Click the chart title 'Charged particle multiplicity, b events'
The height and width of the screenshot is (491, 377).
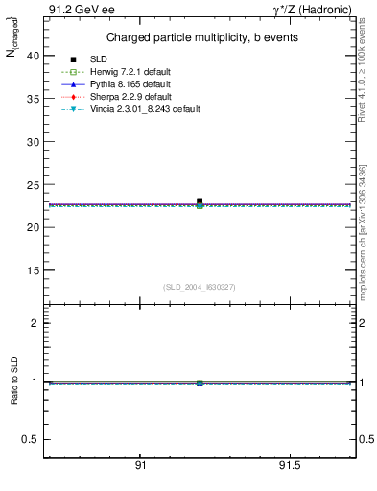pyautogui.click(x=200, y=37)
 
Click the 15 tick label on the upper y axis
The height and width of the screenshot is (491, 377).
pyautogui.click(x=33, y=270)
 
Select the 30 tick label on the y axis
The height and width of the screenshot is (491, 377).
pyautogui.click(x=33, y=142)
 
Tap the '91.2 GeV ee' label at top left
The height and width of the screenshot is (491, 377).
pyautogui.click(x=76, y=10)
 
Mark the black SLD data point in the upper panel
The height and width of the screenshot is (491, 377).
pyautogui.click(x=200, y=201)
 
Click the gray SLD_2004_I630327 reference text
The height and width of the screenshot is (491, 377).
pyautogui.click(x=200, y=287)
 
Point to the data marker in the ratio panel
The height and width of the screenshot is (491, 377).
pyautogui.click(x=200, y=383)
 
